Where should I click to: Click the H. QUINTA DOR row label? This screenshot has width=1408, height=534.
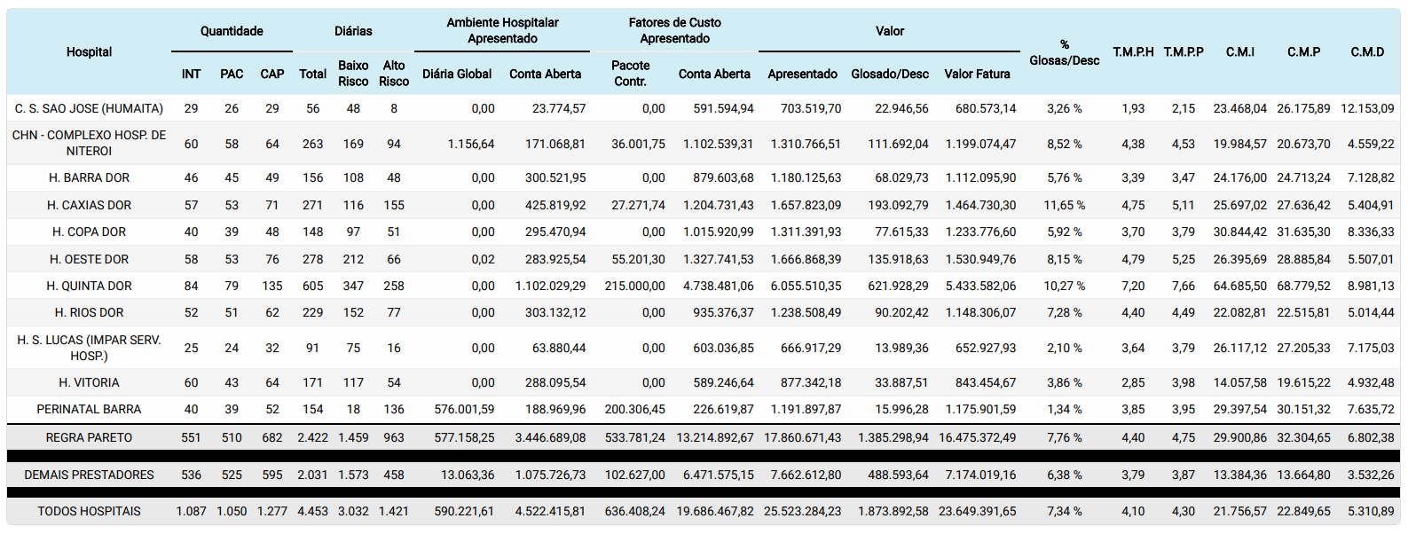90,286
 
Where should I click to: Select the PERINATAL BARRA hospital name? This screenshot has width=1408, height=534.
90,409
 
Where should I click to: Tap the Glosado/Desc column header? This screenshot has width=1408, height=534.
890,74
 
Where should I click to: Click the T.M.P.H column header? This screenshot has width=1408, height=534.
1133,52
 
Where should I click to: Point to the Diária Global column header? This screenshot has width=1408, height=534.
457,74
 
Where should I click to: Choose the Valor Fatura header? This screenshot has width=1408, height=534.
977,74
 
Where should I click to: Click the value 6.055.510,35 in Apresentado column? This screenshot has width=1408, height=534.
806,286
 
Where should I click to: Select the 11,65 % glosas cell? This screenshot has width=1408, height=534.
1064,205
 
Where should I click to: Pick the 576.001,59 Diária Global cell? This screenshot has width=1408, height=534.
465,409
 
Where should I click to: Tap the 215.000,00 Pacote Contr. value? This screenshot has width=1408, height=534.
635,286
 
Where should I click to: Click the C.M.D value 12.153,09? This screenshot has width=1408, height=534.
1367,108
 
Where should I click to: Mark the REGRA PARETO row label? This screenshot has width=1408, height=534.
90,437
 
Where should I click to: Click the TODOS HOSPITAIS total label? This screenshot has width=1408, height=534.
90,511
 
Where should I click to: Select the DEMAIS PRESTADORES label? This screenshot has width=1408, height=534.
90,475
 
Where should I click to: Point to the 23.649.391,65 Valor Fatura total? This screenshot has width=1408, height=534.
978,511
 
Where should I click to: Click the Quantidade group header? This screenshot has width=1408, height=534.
232,31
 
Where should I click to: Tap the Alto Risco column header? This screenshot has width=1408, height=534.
394,74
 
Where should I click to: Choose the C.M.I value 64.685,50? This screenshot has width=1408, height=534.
1240,286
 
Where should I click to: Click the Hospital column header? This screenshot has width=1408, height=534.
90,52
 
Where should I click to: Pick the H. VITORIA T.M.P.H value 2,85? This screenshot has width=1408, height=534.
1133,382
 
